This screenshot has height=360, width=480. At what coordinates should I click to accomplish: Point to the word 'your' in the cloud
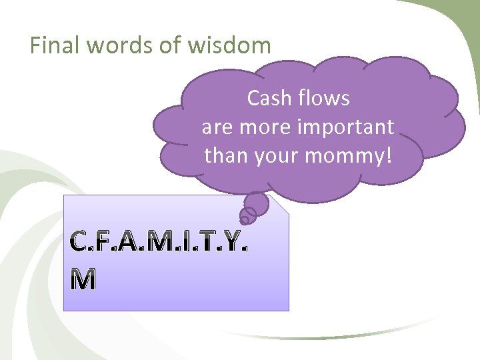(x=275, y=155)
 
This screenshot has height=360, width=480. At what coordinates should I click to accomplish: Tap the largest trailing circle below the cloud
(x=257, y=203)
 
